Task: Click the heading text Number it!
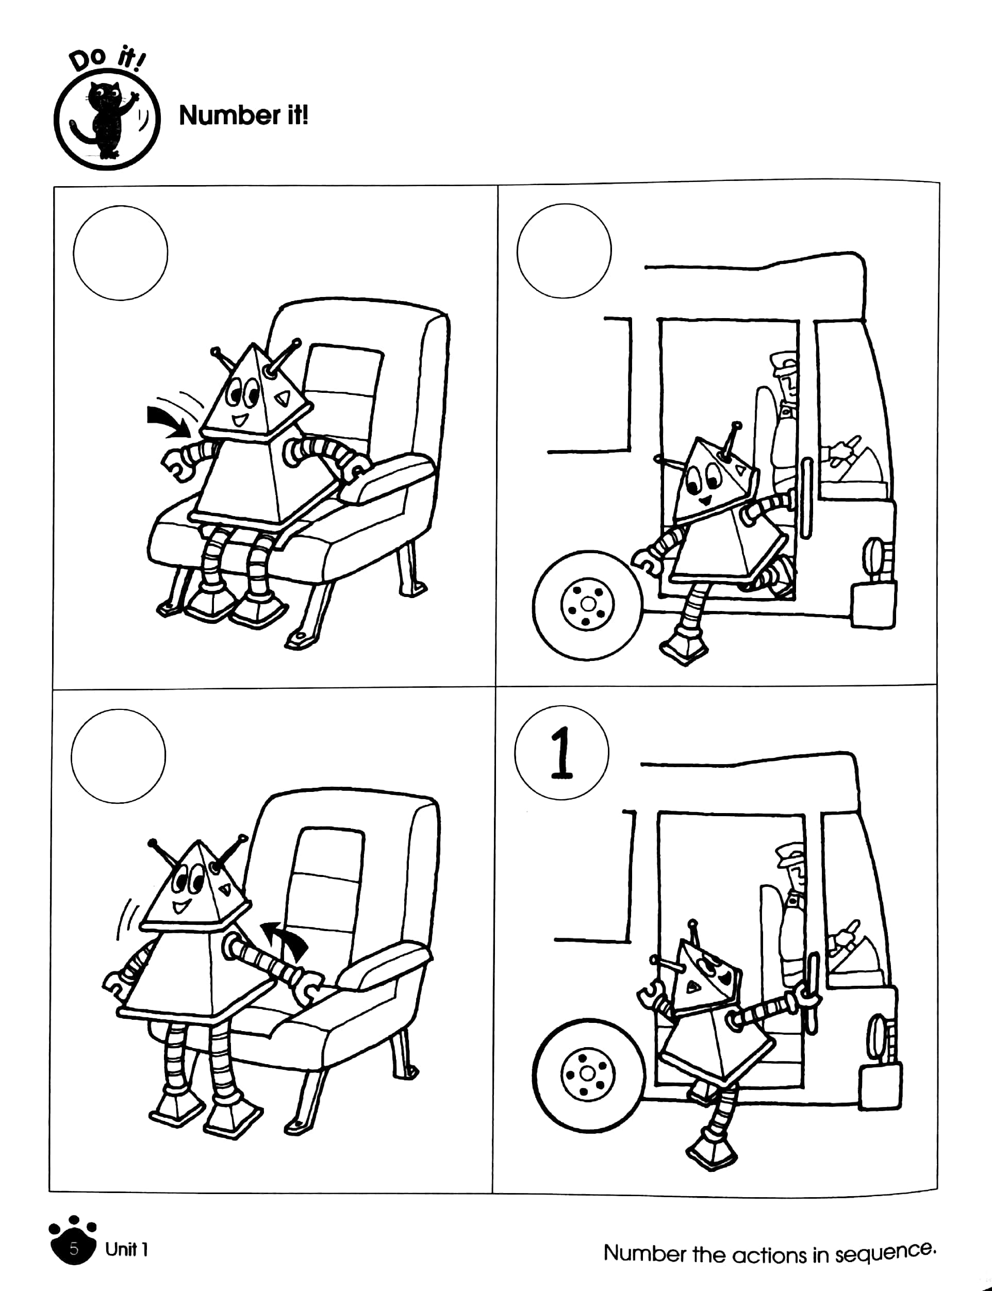[243, 115]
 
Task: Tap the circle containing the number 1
[561, 753]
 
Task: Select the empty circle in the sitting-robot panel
[121, 253]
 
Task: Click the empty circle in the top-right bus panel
[564, 251]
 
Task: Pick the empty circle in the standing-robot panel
[118, 756]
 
